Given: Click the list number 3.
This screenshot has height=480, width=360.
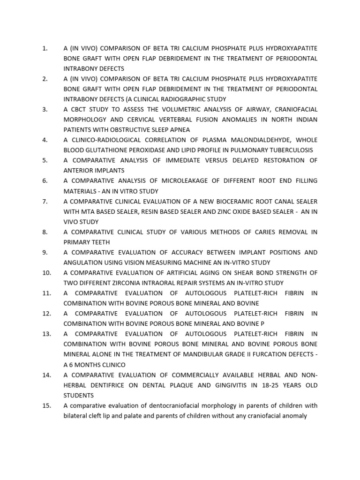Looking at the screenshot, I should (45, 109).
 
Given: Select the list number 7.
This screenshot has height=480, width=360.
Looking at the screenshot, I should (45, 201).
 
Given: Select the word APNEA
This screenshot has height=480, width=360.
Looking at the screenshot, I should (177, 130).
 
